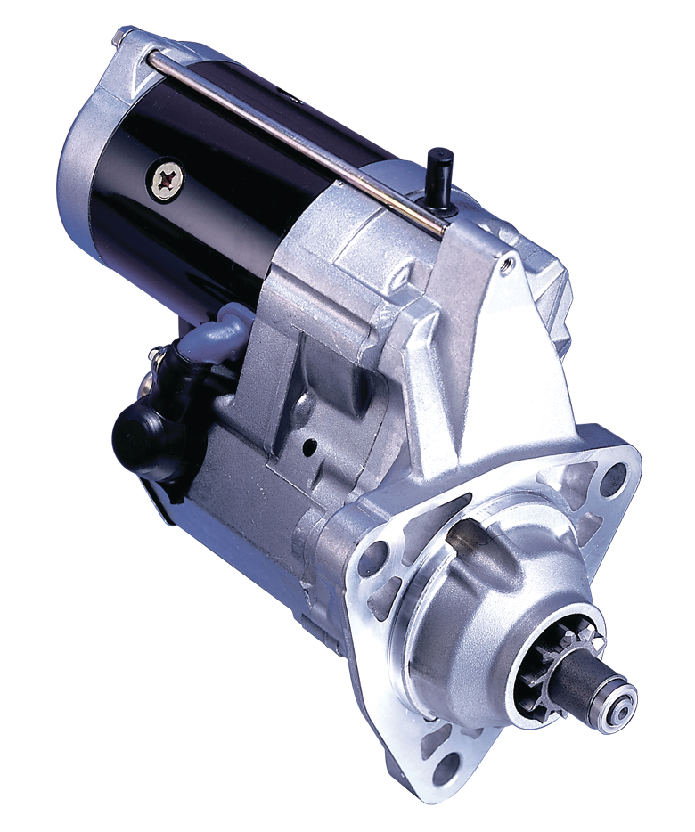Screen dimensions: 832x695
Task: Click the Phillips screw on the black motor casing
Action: (167, 180)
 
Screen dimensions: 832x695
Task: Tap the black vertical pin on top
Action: (441, 168)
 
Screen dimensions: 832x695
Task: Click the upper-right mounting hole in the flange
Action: (613, 480)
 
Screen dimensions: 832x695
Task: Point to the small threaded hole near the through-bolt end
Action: (509, 263)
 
